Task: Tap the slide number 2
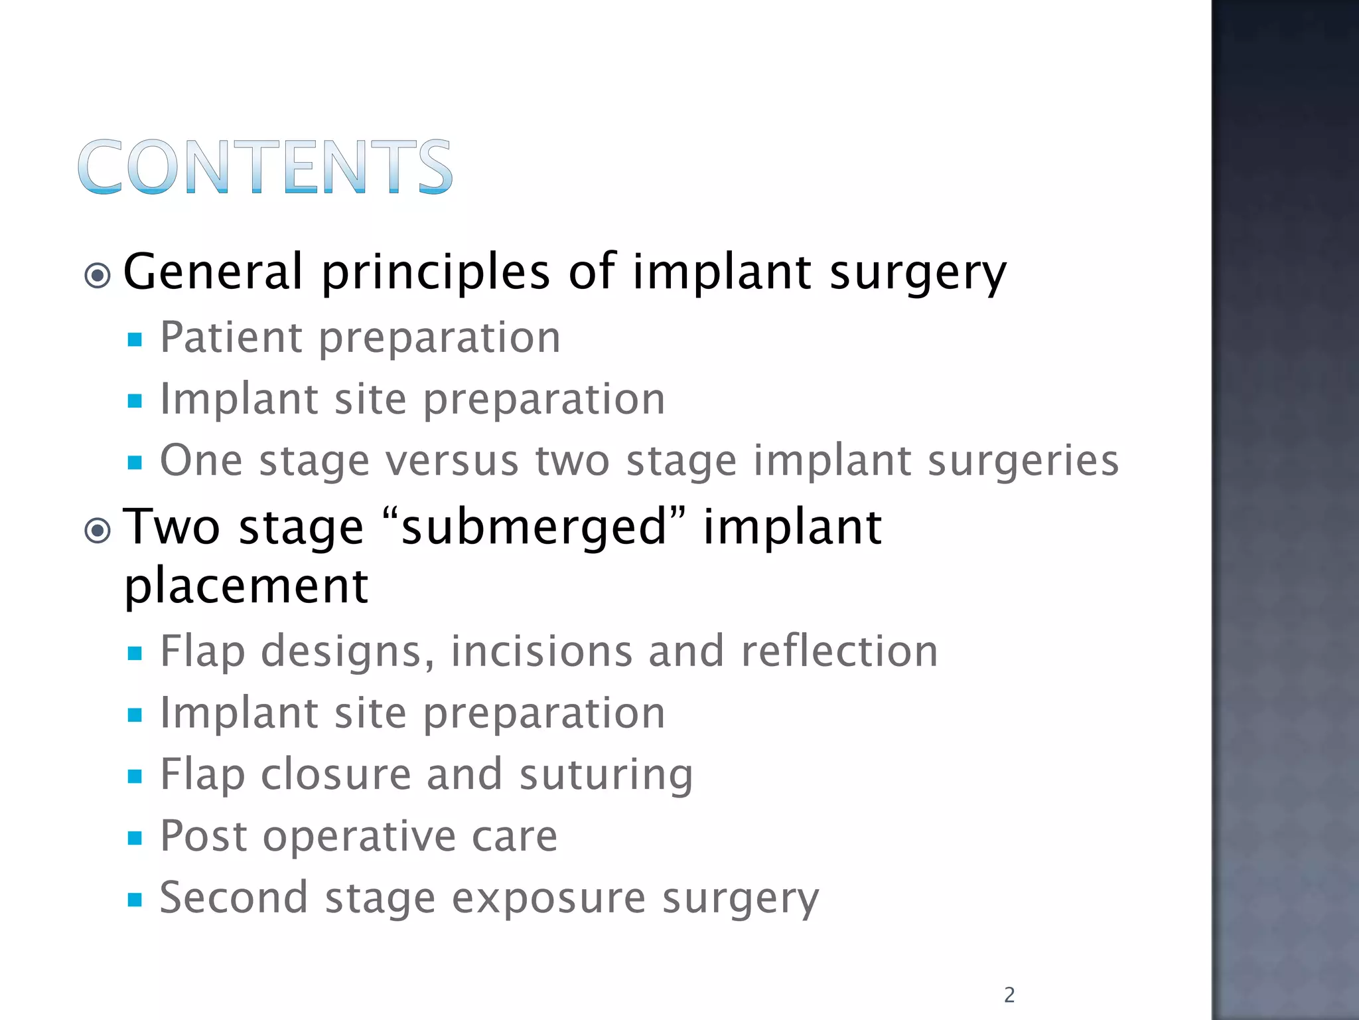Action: coord(1009,995)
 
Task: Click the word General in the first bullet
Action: coord(212,272)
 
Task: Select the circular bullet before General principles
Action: coord(98,275)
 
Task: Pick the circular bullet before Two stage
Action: coord(98,530)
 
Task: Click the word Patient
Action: coord(230,337)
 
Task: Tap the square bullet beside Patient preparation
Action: coord(135,340)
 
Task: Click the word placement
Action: coord(246,586)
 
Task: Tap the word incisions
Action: coord(541,651)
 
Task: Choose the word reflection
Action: coord(839,651)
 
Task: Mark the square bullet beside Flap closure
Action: coord(135,776)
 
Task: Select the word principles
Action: coord(435,272)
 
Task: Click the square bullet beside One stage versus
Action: coord(135,462)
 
